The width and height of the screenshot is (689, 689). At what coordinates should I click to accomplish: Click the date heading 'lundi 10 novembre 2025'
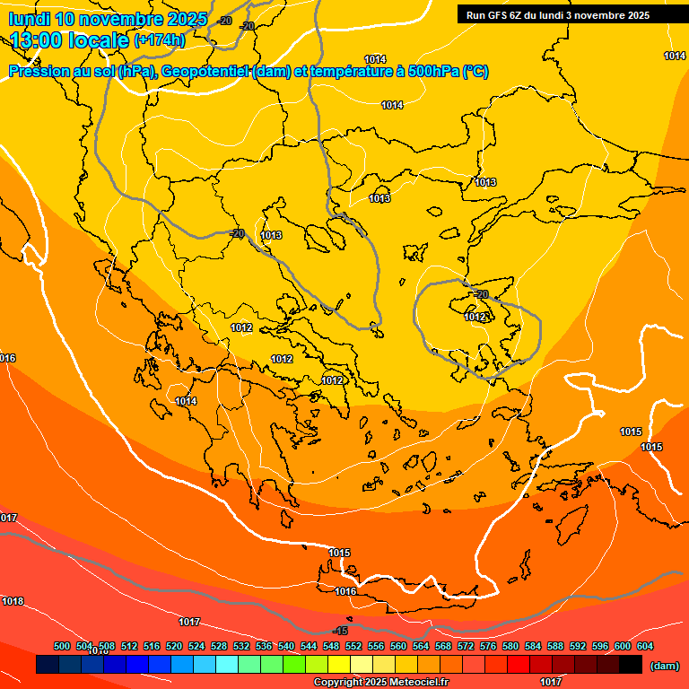click(108, 19)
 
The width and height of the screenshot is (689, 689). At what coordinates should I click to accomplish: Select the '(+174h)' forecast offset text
click(159, 40)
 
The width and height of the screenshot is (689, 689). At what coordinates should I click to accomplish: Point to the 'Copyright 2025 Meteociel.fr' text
click(380, 682)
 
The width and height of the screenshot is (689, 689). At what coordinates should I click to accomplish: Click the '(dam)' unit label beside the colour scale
click(664, 665)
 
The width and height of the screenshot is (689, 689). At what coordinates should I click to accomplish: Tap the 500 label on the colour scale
click(62, 646)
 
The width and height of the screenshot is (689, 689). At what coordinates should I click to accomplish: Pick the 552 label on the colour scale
click(353, 646)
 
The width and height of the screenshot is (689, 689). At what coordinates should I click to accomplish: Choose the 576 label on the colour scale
click(488, 646)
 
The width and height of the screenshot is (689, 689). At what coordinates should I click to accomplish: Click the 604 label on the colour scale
click(645, 646)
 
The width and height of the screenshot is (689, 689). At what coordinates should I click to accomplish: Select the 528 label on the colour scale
click(219, 646)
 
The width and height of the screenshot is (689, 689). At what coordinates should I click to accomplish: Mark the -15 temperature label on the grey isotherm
click(340, 631)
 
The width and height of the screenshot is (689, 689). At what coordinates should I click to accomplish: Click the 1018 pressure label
click(13, 601)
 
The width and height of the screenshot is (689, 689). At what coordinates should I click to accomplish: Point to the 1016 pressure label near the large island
click(345, 591)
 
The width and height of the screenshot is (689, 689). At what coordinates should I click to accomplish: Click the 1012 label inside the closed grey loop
click(475, 317)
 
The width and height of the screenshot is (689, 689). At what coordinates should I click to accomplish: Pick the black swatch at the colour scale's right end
click(631, 665)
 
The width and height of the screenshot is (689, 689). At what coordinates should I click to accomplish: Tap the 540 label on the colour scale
click(286, 646)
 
